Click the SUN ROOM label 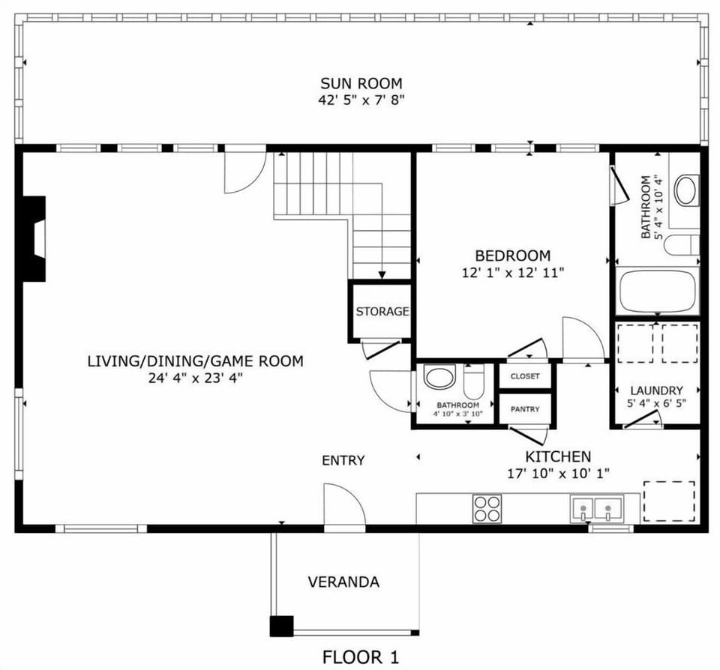click(x=361, y=83)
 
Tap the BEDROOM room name click(x=512, y=256)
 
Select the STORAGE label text click(x=382, y=311)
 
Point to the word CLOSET click(x=525, y=376)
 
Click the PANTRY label click(x=525, y=409)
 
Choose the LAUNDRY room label click(x=656, y=390)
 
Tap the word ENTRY click(x=343, y=460)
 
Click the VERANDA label click(x=343, y=582)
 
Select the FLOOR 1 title click(x=361, y=657)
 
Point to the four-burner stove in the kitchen click(x=487, y=508)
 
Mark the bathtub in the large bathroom click(x=656, y=292)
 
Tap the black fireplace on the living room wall click(x=34, y=239)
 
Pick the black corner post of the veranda click(x=281, y=626)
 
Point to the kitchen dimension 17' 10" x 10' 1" click(x=557, y=473)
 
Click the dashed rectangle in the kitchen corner click(x=669, y=502)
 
